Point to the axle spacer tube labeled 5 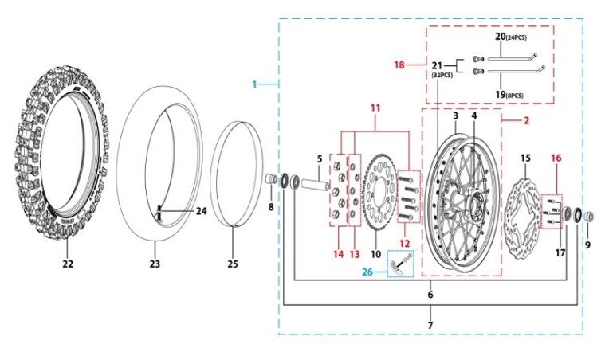316,184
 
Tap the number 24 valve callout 202,211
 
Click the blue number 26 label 367,272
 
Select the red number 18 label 399,65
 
